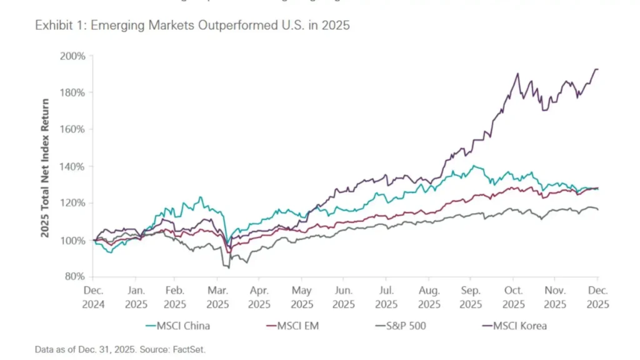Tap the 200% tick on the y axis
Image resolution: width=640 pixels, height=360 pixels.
[x=73, y=56]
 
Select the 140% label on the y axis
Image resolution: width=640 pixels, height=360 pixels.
[x=73, y=166]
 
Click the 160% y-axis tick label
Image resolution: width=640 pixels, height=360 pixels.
[x=73, y=129]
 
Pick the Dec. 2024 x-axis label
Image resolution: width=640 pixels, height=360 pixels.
[x=94, y=297]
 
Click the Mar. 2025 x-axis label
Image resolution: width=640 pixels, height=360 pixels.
[x=217, y=297]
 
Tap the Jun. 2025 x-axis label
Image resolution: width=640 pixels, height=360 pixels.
[x=344, y=297]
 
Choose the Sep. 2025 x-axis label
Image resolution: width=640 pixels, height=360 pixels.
[x=471, y=297]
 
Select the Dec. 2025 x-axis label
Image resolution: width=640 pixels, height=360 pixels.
[x=597, y=297]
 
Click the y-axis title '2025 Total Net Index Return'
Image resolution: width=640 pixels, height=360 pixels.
[x=46, y=166]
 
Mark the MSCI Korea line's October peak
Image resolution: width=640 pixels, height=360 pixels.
[x=517, y=74]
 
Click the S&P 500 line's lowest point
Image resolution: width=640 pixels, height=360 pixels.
[x=229, y=268]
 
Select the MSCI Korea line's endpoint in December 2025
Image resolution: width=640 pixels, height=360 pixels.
[x=597, y=69]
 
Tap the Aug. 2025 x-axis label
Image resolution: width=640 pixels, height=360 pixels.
[x=429, y=297]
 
